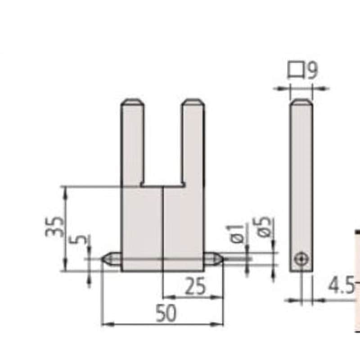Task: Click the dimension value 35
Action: pos(54,227)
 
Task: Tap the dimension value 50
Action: pos(166,313)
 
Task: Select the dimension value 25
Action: pos(195,286)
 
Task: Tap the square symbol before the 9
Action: pos(296,69)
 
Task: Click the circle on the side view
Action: pos(301,259)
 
